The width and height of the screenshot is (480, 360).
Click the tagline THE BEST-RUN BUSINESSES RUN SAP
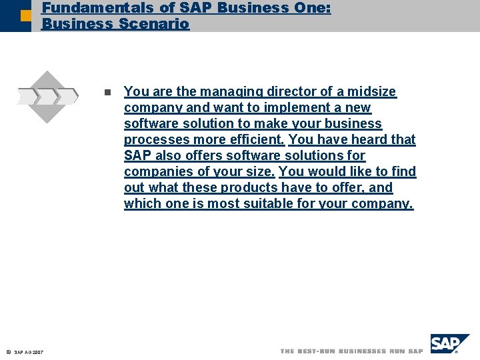pyautogui.click(x=351, y=351)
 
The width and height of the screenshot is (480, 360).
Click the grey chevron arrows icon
pyautogui.click(x=48, y=96)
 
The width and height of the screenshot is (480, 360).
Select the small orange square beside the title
pyautogui.click(x=25, y=15)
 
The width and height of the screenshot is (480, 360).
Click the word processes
pyautogui.click(x=156, y=139)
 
